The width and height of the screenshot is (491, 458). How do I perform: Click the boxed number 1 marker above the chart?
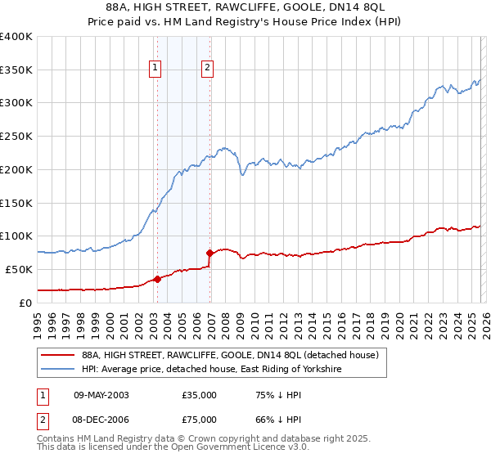click(x=155, y=68)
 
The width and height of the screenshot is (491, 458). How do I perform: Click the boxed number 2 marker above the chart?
click(x=208, y=68)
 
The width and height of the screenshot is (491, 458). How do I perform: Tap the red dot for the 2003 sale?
click(x=157, y=279)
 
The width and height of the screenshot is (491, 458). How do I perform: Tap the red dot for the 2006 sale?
click(x=210, y=253)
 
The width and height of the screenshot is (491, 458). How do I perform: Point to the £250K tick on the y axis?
click(x=16, y=137)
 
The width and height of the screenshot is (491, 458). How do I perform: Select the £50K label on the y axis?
click(x=19, y=269)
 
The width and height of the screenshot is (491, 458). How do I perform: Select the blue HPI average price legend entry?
click(x=211, y=370)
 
